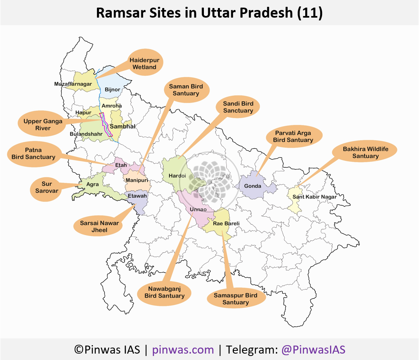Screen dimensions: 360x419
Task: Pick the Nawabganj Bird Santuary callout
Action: coord(164,292)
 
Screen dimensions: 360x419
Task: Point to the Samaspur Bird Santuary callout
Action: coord(236,299)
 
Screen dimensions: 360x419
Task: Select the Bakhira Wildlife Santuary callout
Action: coord(365,153)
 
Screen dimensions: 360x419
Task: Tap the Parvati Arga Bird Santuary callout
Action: coord(293,136)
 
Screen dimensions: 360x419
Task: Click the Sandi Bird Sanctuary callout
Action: coord(238,107)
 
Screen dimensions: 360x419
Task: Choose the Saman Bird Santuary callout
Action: coord(186,90)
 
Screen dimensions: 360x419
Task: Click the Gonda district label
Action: coord(253,186)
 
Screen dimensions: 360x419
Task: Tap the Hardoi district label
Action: coord(177,175)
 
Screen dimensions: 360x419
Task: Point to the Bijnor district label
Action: coord(112,89)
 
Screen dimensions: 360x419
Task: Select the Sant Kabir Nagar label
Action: coord(314,197)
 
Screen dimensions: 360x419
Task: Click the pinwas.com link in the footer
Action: coord(183,350)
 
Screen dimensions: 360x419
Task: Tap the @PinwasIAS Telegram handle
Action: coord(313,350)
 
